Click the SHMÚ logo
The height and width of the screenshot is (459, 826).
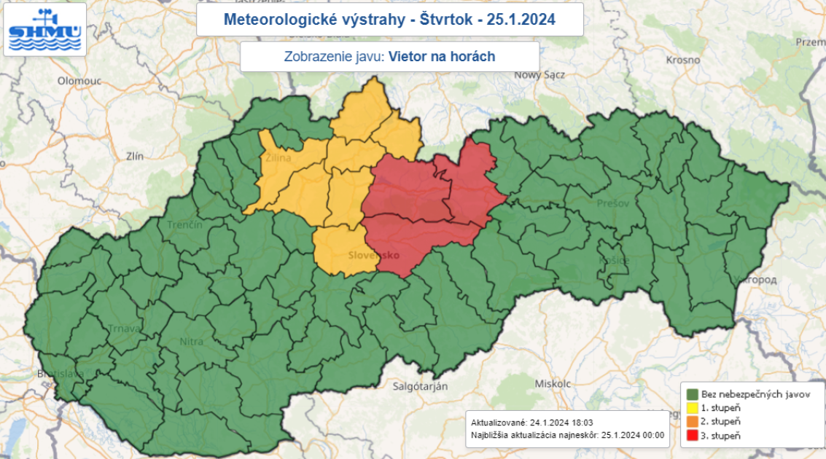[45, 29]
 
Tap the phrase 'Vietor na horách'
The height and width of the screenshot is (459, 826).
[442, 56]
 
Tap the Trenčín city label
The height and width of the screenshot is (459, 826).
[184, 224]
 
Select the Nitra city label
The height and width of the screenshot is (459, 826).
[190, 340]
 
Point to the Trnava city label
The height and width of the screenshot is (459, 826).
[124, 329]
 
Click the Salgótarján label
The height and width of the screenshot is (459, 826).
[419, 387]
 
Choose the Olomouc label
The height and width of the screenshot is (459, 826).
[79, 81]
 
